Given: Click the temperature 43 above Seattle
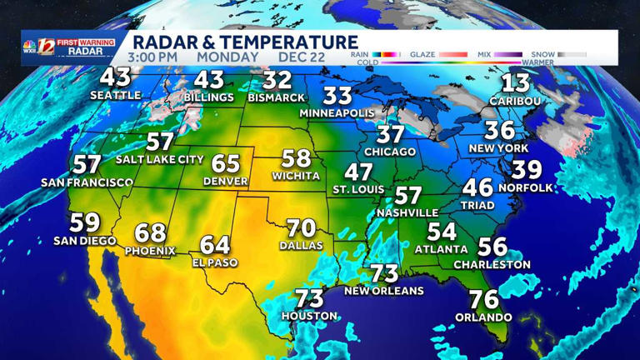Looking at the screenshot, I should (x=115, y=77).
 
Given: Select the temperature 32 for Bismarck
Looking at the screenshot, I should (x=277, y=80).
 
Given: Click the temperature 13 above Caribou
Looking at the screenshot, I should (x=516, y=82).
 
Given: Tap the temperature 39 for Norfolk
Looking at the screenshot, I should (x=527, y=171).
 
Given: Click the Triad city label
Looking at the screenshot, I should (x=477, y=204).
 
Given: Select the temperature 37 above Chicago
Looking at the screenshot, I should (x=390, y=134).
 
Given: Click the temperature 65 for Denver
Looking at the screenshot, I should (x=225, y=163).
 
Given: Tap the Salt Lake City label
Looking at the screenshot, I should (x=160, y=159).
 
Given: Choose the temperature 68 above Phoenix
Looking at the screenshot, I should (x=151, y=232).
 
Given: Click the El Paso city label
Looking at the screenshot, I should (x=214, y=262).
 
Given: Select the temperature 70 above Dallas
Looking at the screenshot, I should (x=302, y=227).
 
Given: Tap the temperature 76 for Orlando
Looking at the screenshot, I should (x=484, y=299).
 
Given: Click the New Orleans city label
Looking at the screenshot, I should (x=384, y=291).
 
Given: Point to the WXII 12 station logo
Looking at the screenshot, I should (x=39, y=47).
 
